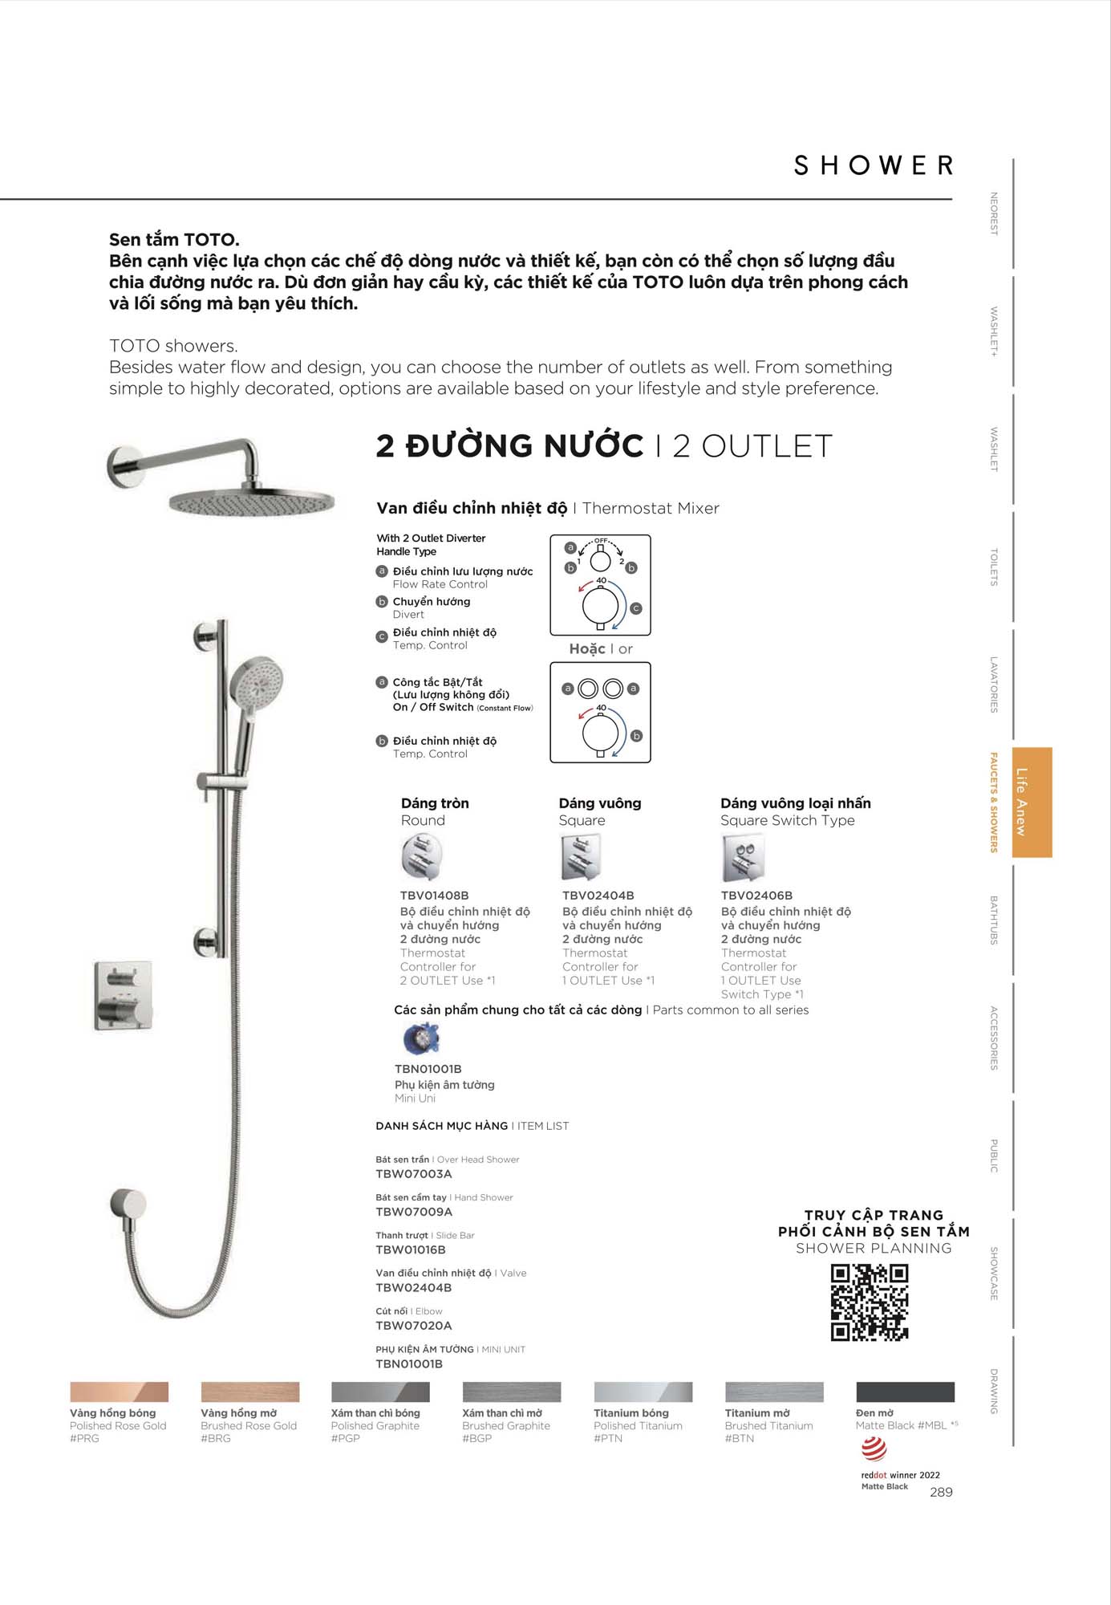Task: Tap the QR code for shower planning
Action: pos(869,1302)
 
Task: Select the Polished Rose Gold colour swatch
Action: pos(119,1392)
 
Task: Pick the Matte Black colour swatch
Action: pos(905,1392)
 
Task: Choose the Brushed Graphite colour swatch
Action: pos(512,1392)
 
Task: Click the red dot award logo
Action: pos(874,1449)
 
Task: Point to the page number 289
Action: pos(941,1492)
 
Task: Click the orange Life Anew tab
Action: pos(1032,802)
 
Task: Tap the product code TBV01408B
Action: pos(434,895)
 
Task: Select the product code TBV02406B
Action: pos(756,895)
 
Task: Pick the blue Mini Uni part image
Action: pos(421,1039)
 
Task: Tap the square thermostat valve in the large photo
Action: pos(124,995)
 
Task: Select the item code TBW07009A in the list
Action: pos(414,1212)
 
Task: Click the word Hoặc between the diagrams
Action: pos(586,648)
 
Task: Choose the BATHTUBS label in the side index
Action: pos(994,920)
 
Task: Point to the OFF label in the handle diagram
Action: pos(601,540)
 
